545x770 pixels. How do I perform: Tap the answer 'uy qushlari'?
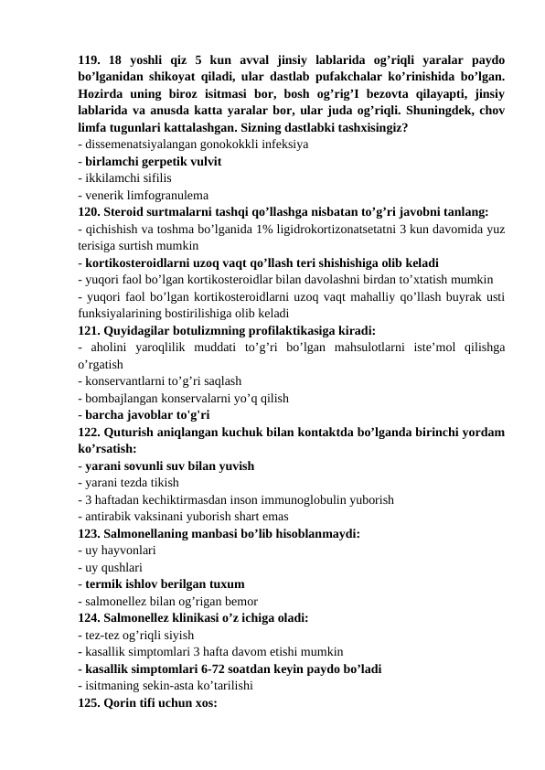(119, 566)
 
